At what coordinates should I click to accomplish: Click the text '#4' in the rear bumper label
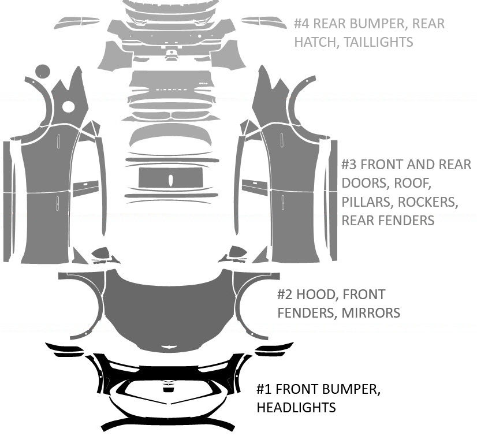302,24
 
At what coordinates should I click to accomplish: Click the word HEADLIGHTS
296,408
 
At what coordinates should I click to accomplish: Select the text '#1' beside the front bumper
264,389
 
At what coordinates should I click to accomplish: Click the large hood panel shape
167,306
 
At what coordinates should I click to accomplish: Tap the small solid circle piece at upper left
43,72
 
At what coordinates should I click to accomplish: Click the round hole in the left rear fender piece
68,107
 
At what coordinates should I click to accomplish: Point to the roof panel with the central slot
170,178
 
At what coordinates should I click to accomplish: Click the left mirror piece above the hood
103,254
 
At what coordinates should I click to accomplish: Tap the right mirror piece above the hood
236,254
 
